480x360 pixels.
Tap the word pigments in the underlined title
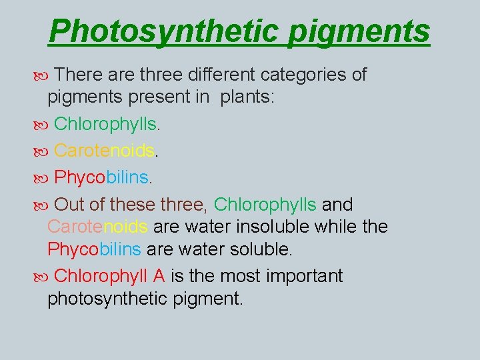coord(359,31)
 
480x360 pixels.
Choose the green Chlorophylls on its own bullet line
coord(106,124)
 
